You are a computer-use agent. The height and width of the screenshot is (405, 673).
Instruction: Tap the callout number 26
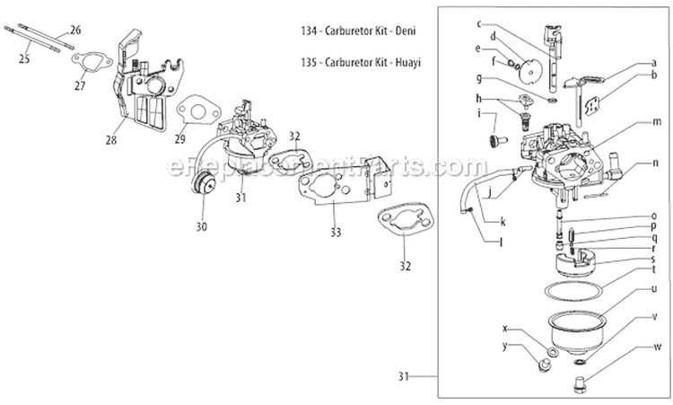pos(74,30)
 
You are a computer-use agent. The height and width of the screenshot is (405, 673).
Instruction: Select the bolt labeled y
pos(543,365)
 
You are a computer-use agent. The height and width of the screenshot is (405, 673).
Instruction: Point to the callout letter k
pos(503,222)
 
